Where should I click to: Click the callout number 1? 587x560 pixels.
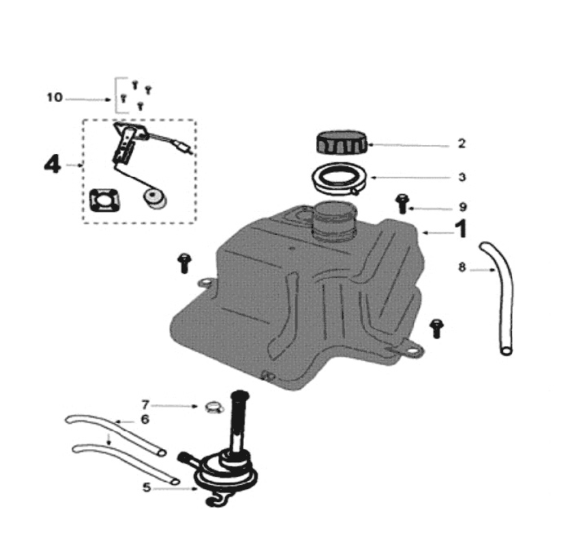461,230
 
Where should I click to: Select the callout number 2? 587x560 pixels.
461,143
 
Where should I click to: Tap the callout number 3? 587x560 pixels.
461,177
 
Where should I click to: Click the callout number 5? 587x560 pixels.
147,487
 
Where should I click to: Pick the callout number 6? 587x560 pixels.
145,419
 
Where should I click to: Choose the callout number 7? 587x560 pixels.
146,403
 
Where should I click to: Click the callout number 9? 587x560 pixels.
461,207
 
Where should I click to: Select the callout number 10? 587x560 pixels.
54,98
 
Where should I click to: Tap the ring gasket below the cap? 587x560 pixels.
339,177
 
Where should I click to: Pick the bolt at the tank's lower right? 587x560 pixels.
438,326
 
